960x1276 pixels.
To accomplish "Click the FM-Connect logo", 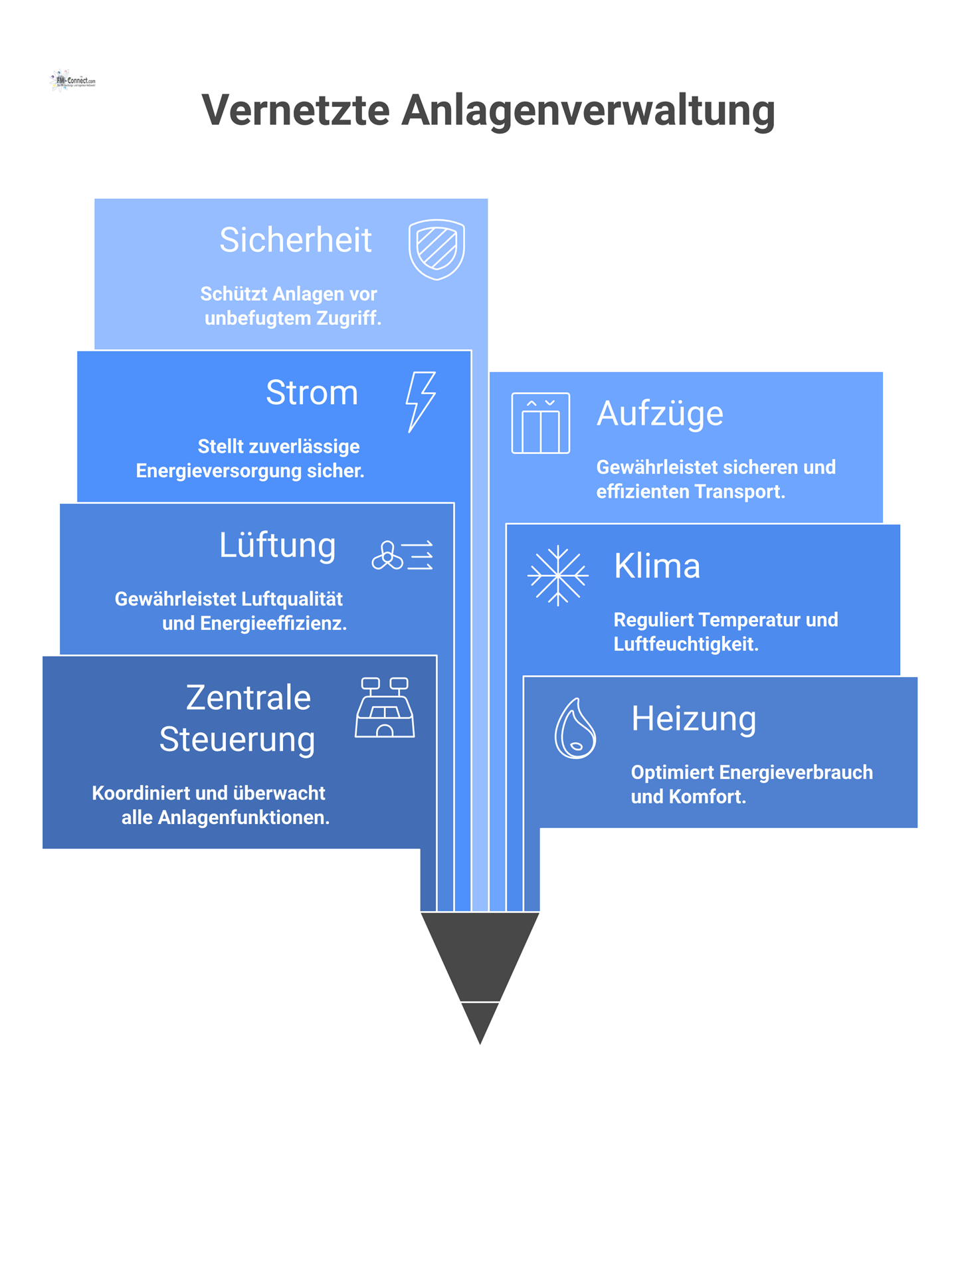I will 73,80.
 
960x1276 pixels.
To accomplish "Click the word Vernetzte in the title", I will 296,110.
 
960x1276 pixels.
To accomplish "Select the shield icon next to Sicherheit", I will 436,249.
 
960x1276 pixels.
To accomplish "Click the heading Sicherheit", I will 295,240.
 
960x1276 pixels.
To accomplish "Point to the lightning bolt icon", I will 421,401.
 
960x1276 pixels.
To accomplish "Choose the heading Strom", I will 312,392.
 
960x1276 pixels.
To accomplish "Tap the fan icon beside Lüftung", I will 403,555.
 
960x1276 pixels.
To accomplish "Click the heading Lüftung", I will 277,545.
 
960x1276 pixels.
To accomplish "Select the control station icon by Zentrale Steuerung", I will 385,708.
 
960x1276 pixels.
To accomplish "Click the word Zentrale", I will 248,698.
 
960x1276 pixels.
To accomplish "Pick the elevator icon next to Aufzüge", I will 540,423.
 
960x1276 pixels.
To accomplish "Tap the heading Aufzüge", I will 660,413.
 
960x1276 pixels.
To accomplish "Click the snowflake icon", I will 557,576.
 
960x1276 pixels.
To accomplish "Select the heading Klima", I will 656,566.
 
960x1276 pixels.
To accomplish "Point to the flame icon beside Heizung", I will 575,728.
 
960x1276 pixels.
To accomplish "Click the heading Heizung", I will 694,718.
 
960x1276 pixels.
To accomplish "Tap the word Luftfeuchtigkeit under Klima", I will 686,644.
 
